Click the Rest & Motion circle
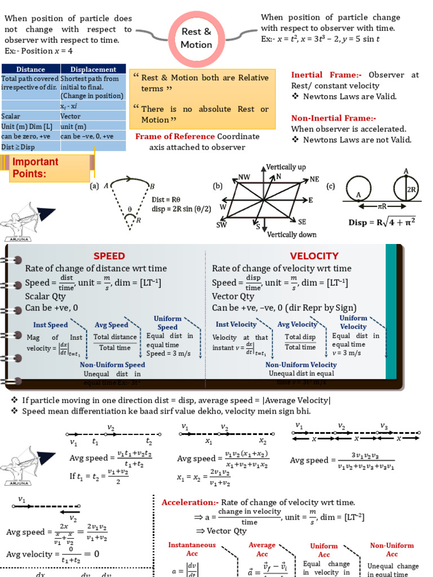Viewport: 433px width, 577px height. [196, 38]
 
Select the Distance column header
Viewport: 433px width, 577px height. [30, 69]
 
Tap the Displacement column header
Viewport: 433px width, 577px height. [93, 69]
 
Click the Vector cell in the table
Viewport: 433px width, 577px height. [70, 116]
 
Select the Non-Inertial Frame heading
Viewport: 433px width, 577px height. [333, 118]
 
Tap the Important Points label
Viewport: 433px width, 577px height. [36, 168]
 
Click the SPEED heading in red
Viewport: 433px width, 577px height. [109, 256]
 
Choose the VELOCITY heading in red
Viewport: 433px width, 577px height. [314, 256]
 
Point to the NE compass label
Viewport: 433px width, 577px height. [314, 179]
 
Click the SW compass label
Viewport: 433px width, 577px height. [222, 224]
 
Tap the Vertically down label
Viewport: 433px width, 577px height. [291, 234]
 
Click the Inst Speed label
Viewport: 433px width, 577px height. [50, 325]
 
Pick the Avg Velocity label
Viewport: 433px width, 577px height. [297, 325]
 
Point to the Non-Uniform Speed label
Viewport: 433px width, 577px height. [112, 365]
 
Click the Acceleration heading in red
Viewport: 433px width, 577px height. [189, 502]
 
